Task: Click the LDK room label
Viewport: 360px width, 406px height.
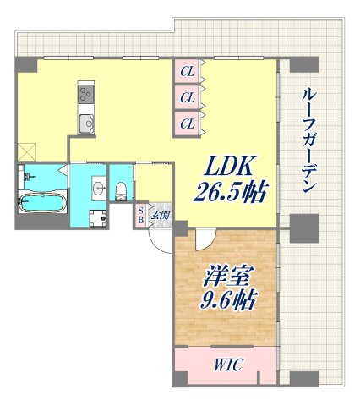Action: (x=225, y=166)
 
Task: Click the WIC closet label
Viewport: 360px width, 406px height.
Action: (x=225, y=366)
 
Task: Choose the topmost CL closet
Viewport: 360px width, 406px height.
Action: (x=187, y=71)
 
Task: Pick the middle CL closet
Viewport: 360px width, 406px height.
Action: (x=187, y=97)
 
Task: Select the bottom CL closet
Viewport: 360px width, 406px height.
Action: (x=187, y=123)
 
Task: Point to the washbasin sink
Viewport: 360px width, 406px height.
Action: (x=97, y=188)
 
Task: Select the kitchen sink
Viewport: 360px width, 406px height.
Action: (x=87, y=123)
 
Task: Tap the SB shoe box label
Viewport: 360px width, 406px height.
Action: (x=141, y=213)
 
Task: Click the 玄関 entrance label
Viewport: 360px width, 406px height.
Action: (x=161, y=215)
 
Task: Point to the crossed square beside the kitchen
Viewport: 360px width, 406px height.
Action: (x=26, y=151)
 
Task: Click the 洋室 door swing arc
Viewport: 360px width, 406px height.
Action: (x=203, y=240)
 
